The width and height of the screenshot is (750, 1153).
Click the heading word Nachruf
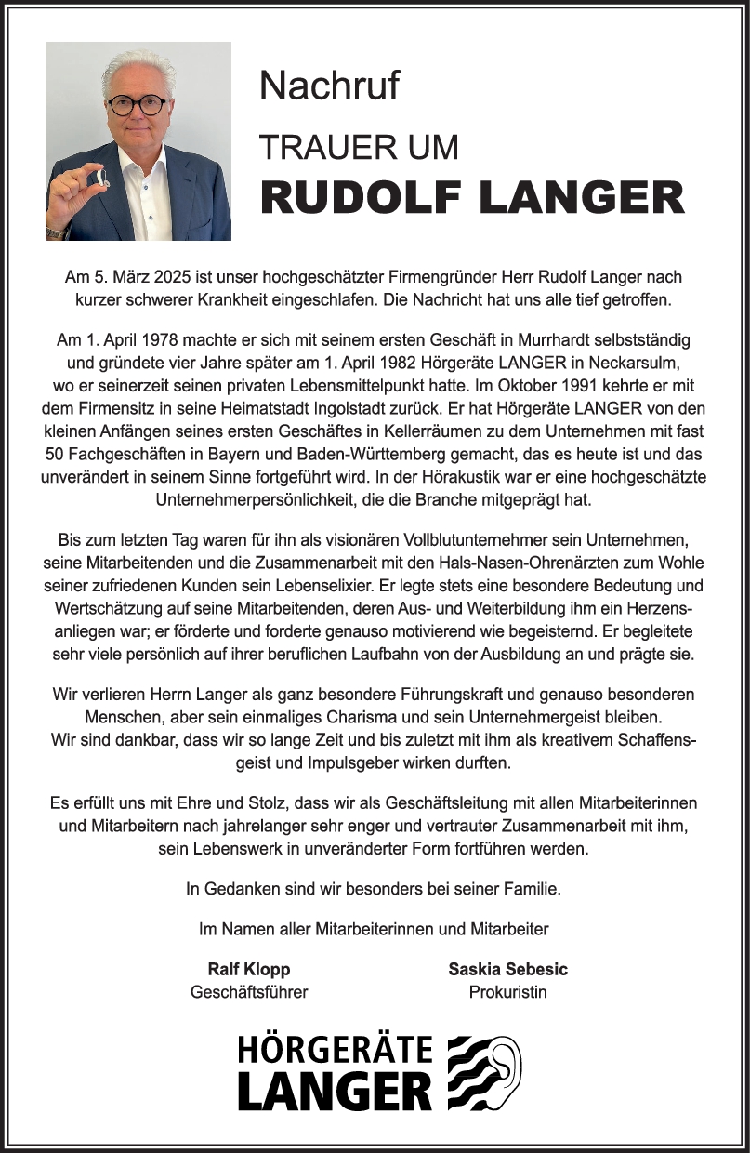(x=329, y=86)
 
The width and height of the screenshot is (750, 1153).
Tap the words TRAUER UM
(x=359, y=147)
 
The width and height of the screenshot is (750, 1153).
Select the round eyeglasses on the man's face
(x=136, y=104)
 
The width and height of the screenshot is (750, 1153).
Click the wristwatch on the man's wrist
(x=55, y=232)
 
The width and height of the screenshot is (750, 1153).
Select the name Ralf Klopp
(x=248, y=969)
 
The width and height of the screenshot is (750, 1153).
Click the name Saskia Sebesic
(x=507, y=969)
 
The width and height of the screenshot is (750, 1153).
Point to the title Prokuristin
(x=507, y=992)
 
